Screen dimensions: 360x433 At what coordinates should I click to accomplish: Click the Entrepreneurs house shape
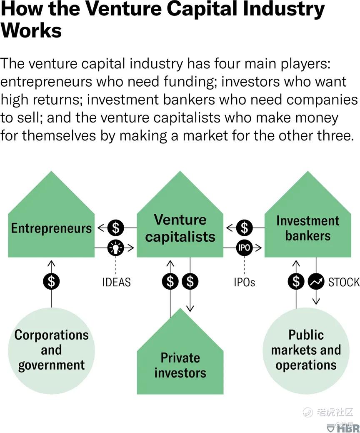click(x=51, y=221)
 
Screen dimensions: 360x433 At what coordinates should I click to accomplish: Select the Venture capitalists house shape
click(x=180, y=221)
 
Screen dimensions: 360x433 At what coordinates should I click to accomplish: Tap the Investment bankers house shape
click(x=308, y=221)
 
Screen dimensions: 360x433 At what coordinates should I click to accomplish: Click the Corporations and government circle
click(x=51, y=351)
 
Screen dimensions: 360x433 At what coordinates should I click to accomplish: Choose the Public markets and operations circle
click(x=306, y=351)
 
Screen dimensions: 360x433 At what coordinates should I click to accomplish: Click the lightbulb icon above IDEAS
click(x=116, y=248)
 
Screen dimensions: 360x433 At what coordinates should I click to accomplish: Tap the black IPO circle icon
click(x=244, y=248)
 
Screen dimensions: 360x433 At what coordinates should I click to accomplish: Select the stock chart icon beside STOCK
click(x=316, y=281)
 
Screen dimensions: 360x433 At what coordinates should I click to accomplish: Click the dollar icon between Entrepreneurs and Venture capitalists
click(x=116, y=228)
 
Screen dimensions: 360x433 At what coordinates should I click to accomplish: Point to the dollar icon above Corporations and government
click(x=51, y=281)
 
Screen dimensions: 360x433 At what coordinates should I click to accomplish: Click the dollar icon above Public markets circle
click(x=296, y=281)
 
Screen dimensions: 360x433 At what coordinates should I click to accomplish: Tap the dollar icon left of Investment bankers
click(x=244, y=228)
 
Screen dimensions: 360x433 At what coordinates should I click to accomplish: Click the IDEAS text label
click(x=116, y=282)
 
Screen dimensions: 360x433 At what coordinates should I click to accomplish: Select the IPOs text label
click(x=244, y=282)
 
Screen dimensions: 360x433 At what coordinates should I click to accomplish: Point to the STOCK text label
click(x=344, y=282)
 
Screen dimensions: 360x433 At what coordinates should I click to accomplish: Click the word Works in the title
click(x=31, y=30)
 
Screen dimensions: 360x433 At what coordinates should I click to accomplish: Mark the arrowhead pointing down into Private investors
click(x=190, y=308)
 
